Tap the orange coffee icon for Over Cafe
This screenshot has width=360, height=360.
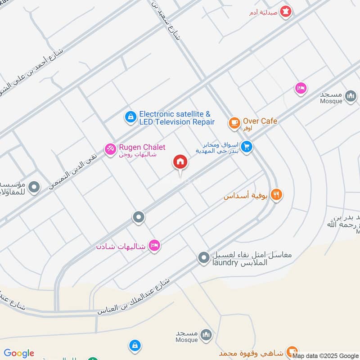(x=234, y=123)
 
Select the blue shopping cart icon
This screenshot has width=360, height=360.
(x=246, y=146)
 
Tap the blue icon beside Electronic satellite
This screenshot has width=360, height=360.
(x=130, y=117)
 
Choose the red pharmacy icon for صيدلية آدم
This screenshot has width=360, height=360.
(x=285, y=12)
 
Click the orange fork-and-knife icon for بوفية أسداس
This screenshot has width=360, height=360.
(x=276, y=194)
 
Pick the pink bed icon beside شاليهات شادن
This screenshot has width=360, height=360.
(x=154, y=245)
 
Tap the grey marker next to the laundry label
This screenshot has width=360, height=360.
(x=204, y=258)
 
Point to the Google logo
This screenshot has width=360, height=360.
(x=19, y=353)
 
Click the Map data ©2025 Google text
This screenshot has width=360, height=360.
(x=325, y=356)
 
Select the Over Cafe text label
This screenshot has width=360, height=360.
(x=260, y=121)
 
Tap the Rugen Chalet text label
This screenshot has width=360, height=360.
(x=142, y=148)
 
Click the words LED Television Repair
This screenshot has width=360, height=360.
(x=177, y=122)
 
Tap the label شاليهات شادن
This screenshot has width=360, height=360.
(x=121, y=247)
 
